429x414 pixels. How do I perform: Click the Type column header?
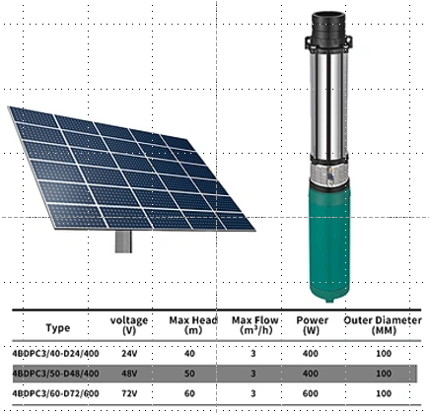click(58, 327)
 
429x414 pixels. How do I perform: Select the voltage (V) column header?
click(129, 325)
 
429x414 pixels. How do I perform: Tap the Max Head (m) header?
click(193, 325)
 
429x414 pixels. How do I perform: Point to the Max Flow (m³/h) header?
click(255, 325)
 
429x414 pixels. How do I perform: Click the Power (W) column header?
click(312, 325)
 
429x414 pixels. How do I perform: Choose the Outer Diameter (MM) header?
click(383, 325)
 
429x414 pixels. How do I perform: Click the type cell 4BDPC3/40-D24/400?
click(55, 354)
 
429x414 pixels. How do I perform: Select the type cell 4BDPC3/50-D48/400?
click(55, 374)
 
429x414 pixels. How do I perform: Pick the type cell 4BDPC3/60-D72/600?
click(55, 393)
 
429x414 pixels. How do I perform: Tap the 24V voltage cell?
click(129, 354)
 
